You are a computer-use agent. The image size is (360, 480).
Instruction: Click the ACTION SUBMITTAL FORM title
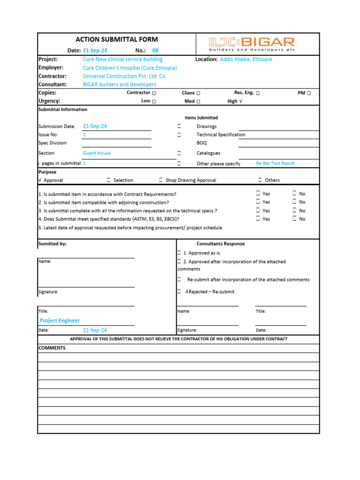tap(117, 40)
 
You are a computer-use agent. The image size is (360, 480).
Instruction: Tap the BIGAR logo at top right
tap(252, 45)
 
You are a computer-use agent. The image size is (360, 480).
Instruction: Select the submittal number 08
tap(156, 51)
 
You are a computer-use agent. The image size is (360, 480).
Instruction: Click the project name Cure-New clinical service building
tap(122, 60)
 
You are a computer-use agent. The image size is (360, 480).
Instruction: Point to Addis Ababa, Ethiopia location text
tap(246, 60)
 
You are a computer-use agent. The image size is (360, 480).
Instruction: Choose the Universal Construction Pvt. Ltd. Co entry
tap(124, 76)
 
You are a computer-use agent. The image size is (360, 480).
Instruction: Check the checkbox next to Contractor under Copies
tap(154, 93)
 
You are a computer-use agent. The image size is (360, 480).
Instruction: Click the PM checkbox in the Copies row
tap(309, 93)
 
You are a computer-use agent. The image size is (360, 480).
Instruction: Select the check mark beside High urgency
tap(240, 101)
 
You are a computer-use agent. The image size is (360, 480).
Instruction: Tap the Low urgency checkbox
tap(154, 101)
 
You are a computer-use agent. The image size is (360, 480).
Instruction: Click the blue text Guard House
tap(97, 153)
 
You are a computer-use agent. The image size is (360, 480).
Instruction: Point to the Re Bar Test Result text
tap(275, 164)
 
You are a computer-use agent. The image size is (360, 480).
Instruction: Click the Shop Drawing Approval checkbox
tap(161, 180)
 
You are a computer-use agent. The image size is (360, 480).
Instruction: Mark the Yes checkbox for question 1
tap(258, 193)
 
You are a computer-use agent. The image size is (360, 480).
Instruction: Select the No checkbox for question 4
tap(295, 218)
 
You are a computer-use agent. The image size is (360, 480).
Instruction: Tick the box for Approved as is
tap(179, 253)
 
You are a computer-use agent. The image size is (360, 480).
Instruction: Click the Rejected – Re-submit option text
tap(210, 292)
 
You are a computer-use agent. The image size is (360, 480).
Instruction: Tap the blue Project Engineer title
tap(60, 321)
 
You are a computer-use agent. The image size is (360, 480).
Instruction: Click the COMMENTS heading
tap(52, 348)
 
